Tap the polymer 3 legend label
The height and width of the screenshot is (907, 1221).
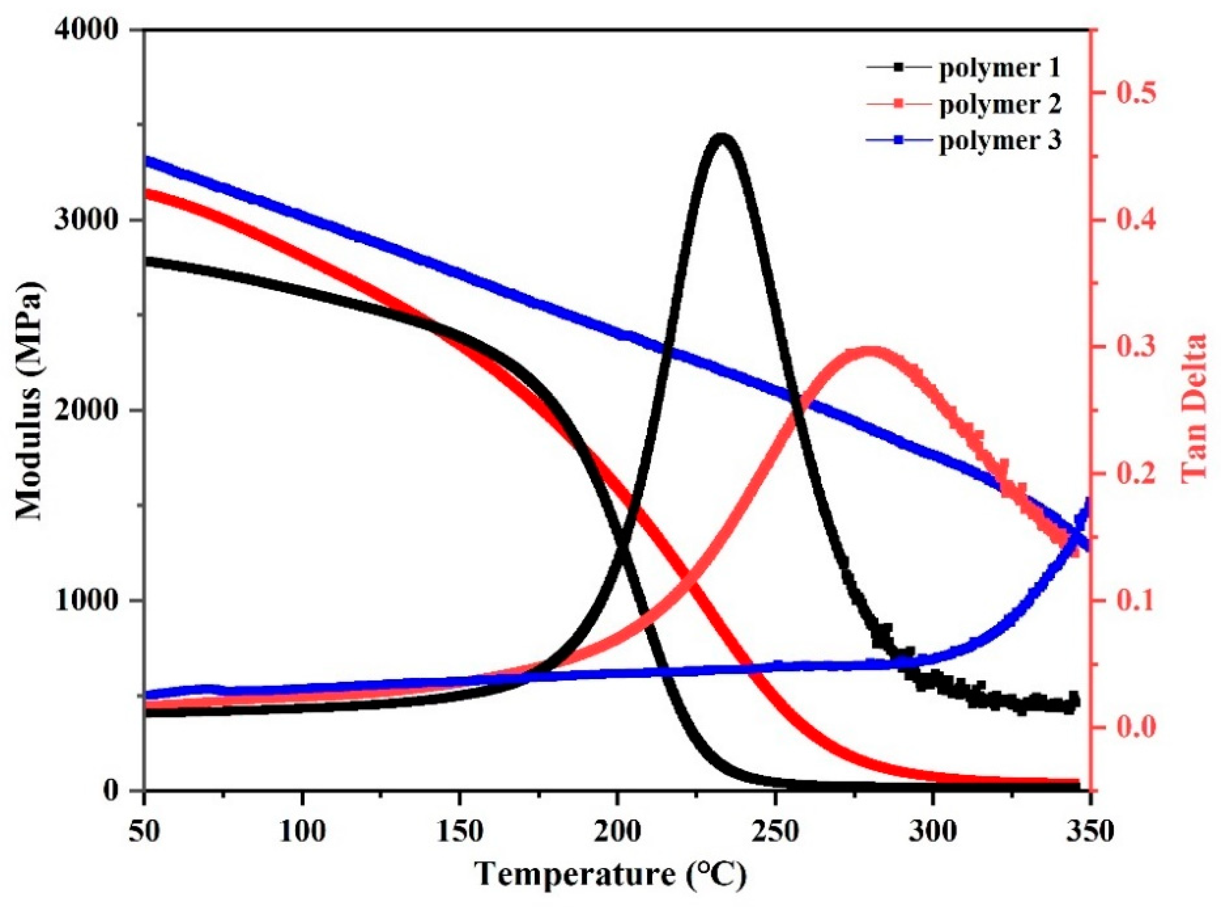[x=999, y=141]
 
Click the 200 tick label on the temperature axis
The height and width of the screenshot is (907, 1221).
[x=617, y=832]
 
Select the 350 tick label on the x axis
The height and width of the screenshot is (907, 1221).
[x=1089, y=832]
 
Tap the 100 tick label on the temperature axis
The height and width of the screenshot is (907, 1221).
[x=301, y=832]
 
